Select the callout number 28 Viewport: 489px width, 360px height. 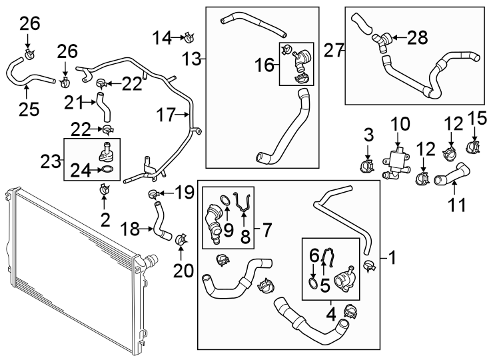tap(417, 39)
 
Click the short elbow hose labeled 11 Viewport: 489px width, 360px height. tap(451, 178)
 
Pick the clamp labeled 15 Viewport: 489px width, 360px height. tap(475, 145)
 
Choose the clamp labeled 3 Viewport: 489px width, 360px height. tap(366, 163)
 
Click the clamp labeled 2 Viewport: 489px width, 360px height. tap(105, 191)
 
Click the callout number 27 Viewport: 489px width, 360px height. tap(332, 49)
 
